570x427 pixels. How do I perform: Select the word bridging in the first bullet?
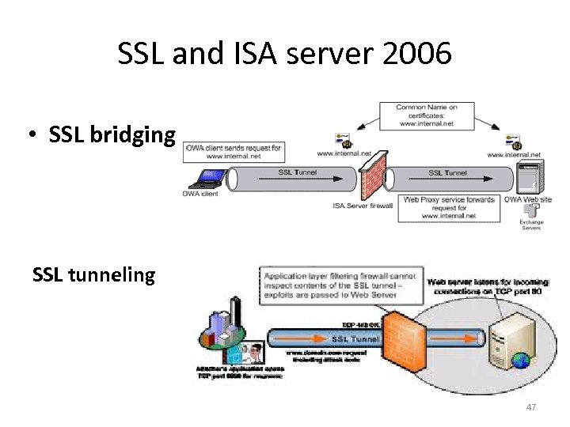[x=135, y=135]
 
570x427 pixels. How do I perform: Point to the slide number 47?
[x=530, y=407]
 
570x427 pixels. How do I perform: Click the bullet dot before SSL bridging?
[x=29, y=136]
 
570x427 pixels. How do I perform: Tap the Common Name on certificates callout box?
[x=427, y=115]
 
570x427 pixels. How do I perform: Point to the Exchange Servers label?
[x=531, y=225]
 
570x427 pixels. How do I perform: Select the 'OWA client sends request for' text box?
[x=234, y=150]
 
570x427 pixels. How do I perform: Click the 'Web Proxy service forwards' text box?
[x=449, y=207]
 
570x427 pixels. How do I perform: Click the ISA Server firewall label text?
[x=363, y=206]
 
